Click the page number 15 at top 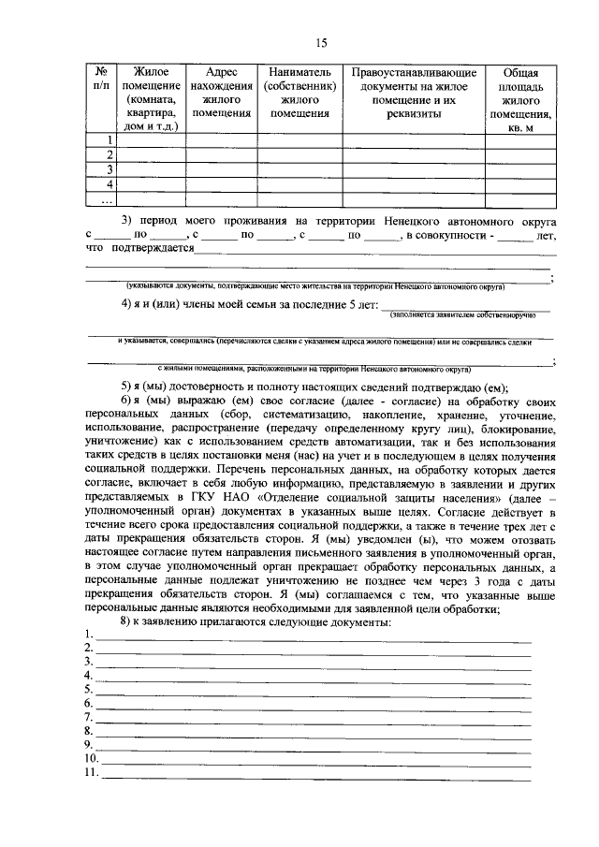coord(321,42)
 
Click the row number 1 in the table coord(110,140)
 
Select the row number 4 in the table coord(110,184)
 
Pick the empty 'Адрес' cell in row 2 coord(222,155)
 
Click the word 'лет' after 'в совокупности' coord(547,235)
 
